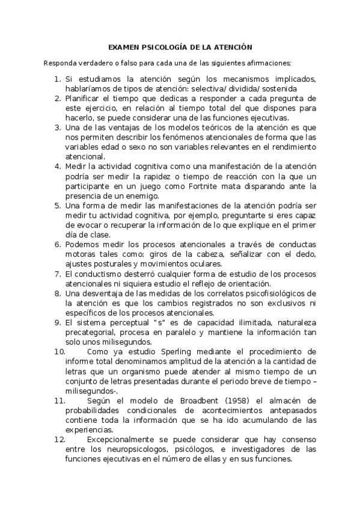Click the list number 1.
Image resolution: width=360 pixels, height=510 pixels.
coord(56,79)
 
